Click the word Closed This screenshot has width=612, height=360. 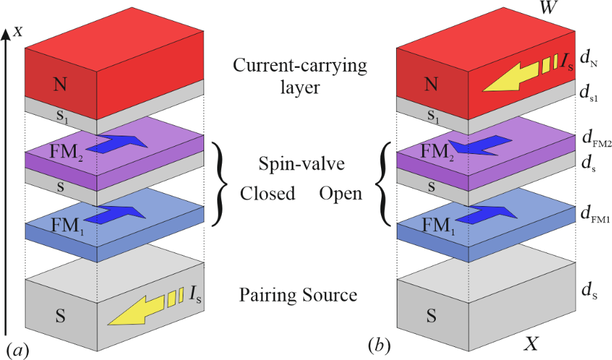pyautogui.click(x=268, y=194)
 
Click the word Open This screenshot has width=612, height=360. pyautogui.click(x=341, y=194)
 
